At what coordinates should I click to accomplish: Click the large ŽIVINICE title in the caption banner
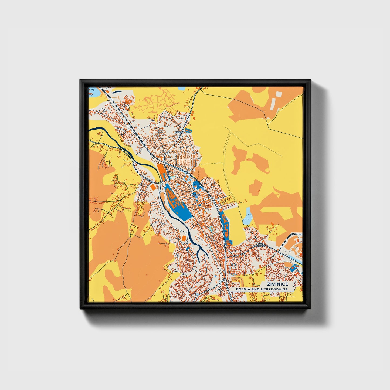click(x=277, y=284)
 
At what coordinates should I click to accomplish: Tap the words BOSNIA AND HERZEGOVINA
click(x=262, y=289)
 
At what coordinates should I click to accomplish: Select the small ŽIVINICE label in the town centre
click(x=195, y=195)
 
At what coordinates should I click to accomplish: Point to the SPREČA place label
click(x=179, y=132)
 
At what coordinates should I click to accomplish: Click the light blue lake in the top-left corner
click(x=94, y=92)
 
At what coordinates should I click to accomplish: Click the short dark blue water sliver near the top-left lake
click(x=116, y=92)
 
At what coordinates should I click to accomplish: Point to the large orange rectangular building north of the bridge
click(x=161, y=169)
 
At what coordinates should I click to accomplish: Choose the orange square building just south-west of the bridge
click(x=153, y=187)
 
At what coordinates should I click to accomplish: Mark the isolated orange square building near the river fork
click(x=183, y=238)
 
